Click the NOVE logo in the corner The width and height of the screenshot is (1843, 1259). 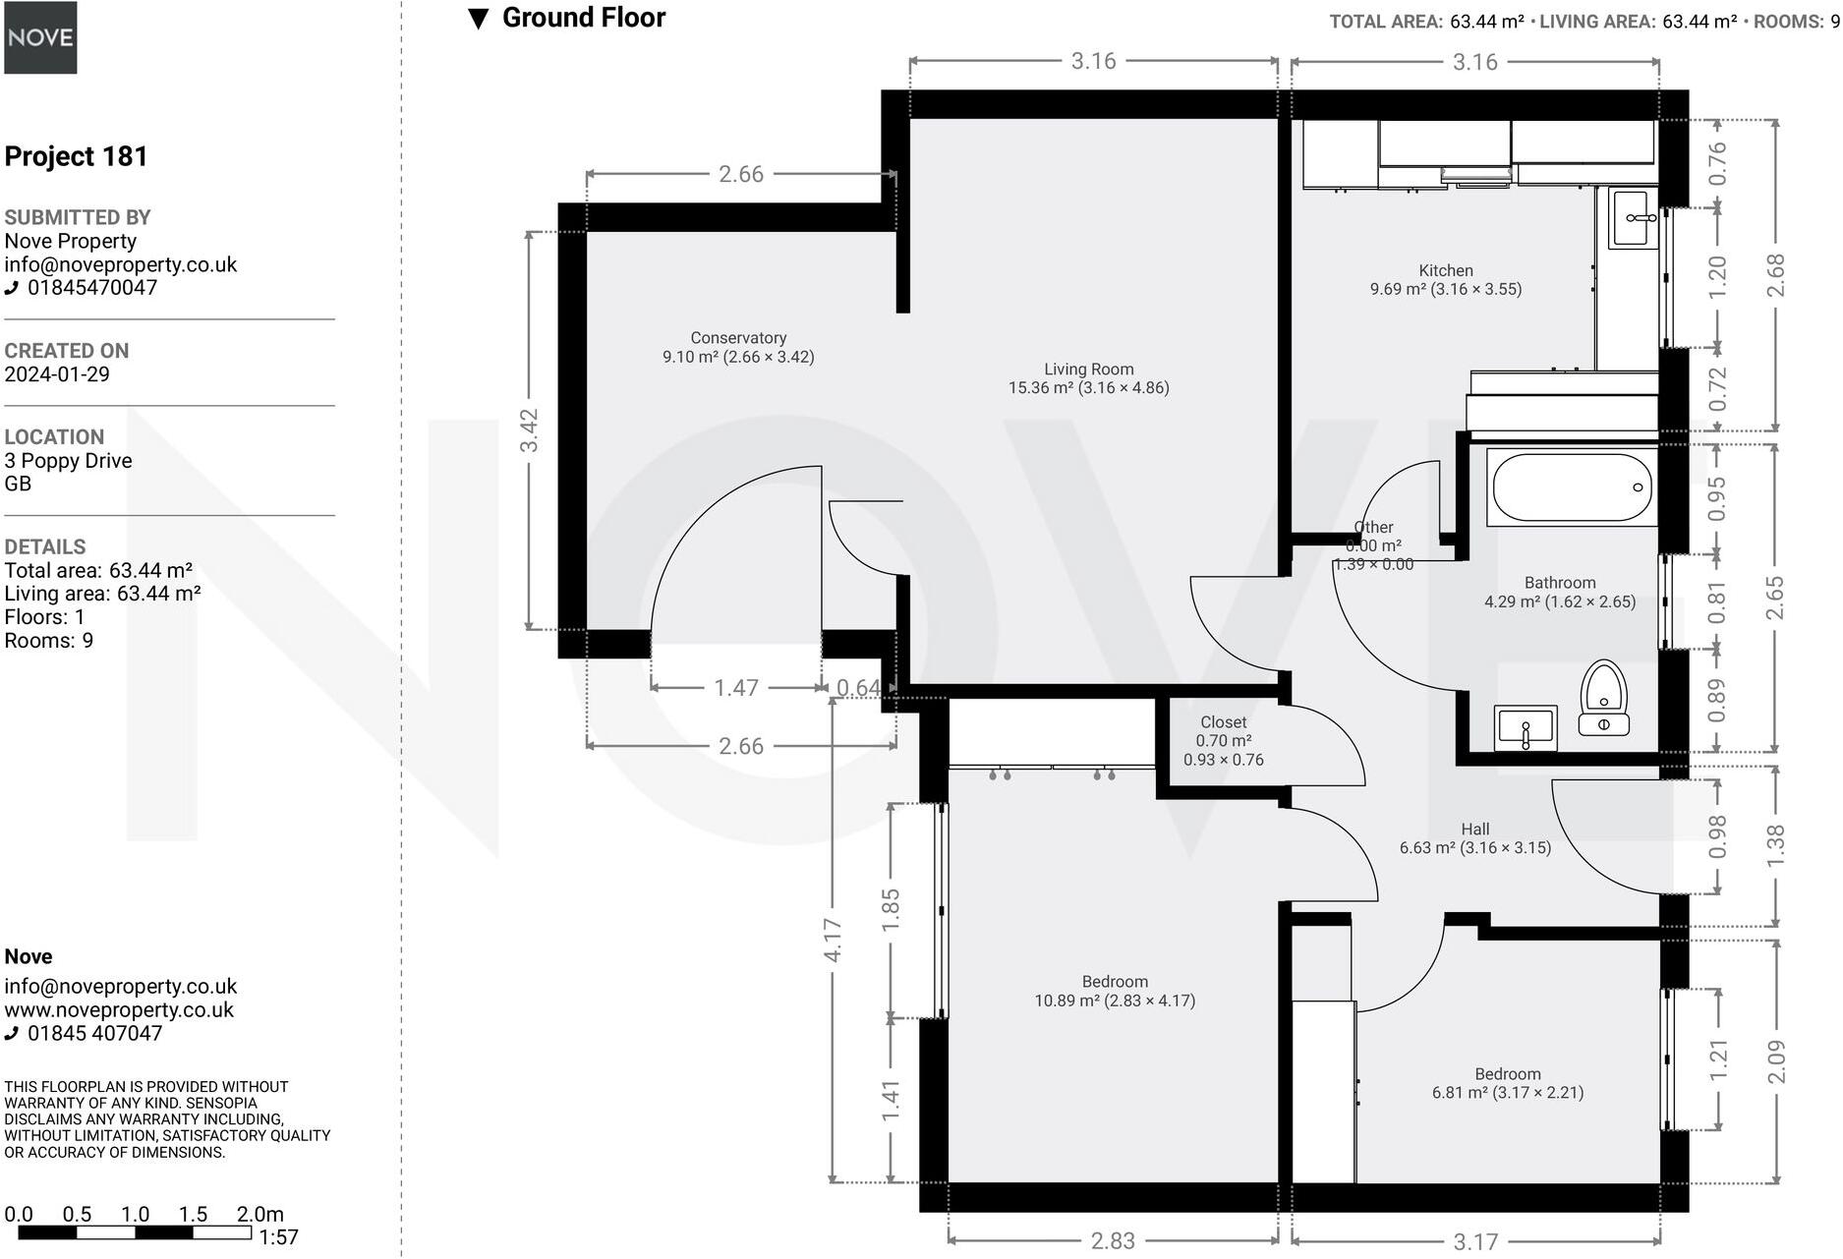[x=40, y=37]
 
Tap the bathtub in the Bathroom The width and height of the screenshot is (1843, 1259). [x=1571, y=487]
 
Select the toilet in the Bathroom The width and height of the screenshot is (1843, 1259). [x=1604, y=697]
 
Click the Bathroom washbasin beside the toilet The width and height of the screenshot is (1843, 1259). [x=1526, y=728]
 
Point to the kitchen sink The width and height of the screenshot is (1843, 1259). [x=1633, y=218]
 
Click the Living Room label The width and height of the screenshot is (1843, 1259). [x=1088, y=370]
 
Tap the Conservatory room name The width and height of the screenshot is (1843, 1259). [x=738, y=338]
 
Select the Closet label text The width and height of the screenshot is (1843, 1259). [x=1223, y=722]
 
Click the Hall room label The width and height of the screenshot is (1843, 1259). [x=1474, y=830]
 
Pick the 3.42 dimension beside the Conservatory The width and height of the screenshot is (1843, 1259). [x=530, y=430]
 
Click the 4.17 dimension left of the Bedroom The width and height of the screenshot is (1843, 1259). [x=833, y=940]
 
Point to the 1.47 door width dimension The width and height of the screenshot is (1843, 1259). [x=736, y=688]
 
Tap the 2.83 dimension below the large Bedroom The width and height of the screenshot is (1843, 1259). [x=1113, y=1241]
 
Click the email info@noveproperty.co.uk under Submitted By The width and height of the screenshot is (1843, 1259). [x=121, y=264]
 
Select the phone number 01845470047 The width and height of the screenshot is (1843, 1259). [x=91, y=288]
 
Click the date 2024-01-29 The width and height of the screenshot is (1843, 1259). [x=57, y=374]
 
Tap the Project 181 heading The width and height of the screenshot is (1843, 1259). [x=76, y=156]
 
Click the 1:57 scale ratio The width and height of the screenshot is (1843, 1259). [x=278, y=1237]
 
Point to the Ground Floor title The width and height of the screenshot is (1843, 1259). [x=583, y=18]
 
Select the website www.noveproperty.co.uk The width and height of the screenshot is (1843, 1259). [x=119, y=1010]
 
